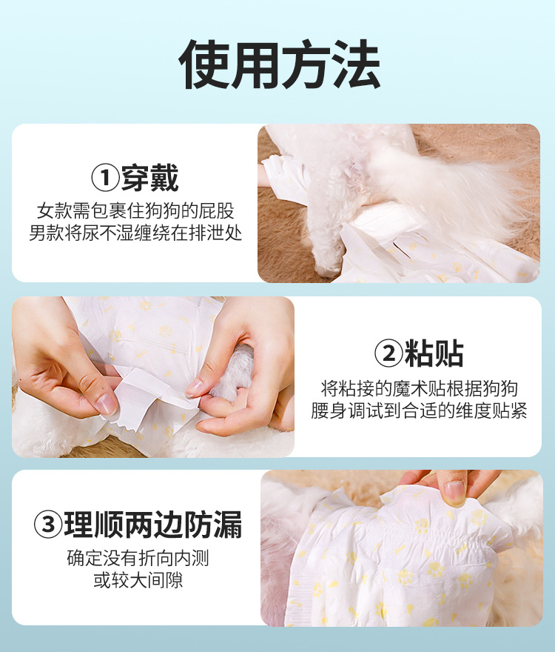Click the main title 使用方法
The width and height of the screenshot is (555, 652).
(280, 66)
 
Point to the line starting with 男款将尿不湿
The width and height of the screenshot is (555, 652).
(135, 233)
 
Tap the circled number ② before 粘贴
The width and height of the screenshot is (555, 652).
(388, 354)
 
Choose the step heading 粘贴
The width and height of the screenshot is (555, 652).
(434, 354)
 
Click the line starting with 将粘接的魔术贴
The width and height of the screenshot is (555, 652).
(419, 387)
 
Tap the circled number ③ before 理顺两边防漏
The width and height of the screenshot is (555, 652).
(48, 525)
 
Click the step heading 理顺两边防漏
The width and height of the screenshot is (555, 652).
(152, 525)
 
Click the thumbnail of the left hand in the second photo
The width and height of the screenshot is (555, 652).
(105, 403)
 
